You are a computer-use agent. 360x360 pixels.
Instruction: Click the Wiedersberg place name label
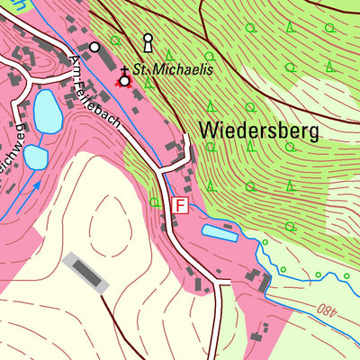click(258, 130)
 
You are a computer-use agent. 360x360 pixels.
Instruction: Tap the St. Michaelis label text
click(173, 69)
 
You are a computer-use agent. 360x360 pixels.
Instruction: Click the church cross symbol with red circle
click(124, 79)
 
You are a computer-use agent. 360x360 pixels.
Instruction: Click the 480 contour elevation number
click(328, 310)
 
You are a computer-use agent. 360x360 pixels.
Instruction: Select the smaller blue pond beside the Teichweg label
click(35, 157)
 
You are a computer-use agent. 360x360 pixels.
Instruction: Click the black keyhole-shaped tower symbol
click(148, 41)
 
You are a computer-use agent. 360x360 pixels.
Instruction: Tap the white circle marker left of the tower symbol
click(94, 45)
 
